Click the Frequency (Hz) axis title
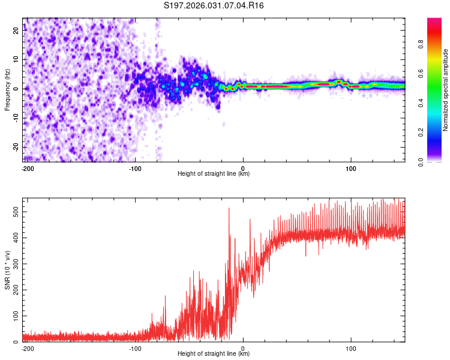(7, 90)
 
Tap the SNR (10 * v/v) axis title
(7, 270)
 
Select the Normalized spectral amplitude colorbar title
(445, 90)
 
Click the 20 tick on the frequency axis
(16, 31)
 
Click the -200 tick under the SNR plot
(26, 348)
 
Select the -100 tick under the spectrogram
(135, 168)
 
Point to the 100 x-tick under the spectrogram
(351, 168)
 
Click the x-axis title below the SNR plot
(214, 354)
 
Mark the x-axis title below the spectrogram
(214, 174)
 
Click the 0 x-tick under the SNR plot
(243, 348)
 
